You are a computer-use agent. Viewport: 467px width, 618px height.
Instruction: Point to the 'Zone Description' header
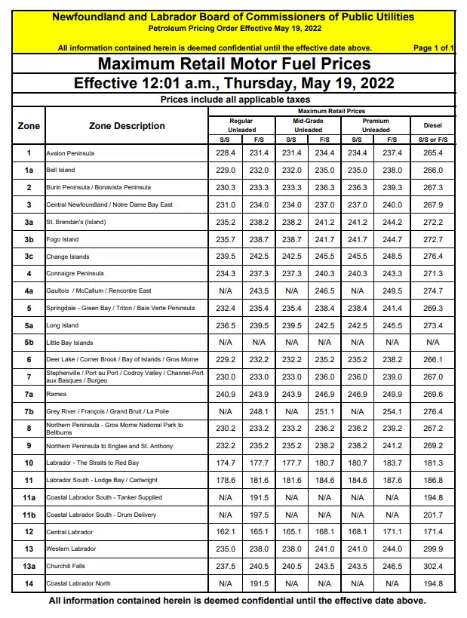point(127,126)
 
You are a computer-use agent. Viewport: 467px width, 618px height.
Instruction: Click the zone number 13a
point(29,566)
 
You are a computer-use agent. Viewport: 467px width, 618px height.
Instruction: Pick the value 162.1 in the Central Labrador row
point(225,532)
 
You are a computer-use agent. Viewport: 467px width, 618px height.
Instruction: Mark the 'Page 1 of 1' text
point(434,48)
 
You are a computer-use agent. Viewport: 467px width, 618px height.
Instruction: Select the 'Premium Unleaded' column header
point(375,125)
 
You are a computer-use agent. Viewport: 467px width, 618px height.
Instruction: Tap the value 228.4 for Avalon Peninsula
point(225,154)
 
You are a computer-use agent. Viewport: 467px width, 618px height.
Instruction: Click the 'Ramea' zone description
point(57,394)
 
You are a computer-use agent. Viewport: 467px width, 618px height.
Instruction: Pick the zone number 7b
point(29,411)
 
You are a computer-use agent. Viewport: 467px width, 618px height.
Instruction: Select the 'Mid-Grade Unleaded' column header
point(308,125)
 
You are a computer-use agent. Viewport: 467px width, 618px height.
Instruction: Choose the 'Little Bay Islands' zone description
point(70,343)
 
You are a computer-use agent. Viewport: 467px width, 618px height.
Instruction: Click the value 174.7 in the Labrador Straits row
point(225,463)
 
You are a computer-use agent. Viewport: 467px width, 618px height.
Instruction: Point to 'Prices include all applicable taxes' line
point(234,100)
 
